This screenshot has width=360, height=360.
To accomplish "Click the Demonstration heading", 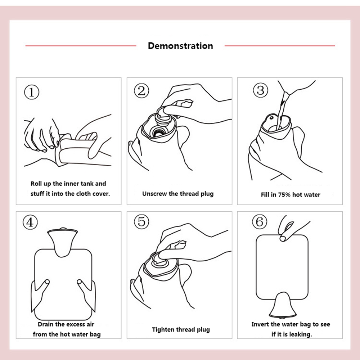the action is tap(180, 46).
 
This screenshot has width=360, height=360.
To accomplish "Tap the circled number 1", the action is tap(32, 92).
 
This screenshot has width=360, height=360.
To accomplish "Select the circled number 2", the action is tap(141, 91).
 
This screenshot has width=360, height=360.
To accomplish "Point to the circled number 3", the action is tap(261, 90).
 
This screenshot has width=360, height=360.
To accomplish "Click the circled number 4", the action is tap(30, 222).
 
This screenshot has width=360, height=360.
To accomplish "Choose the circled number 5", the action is tap(141, 221).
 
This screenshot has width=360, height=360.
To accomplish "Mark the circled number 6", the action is tap(260, 222).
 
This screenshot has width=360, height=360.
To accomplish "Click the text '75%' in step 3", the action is tap(284, 195).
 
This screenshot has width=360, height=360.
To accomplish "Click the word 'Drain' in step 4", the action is tap(46, 324).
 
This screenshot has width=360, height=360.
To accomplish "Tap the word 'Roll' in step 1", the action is tap(36, 184).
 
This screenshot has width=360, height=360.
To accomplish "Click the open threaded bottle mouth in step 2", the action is tap(158, 132).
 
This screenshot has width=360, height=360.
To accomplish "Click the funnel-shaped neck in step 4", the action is tap(62, 242).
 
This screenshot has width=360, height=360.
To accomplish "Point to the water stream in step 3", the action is tap(282, 110).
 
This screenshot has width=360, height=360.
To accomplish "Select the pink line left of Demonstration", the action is tap(81, 46).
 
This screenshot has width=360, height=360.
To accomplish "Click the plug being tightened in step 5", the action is tap(161, 260).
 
